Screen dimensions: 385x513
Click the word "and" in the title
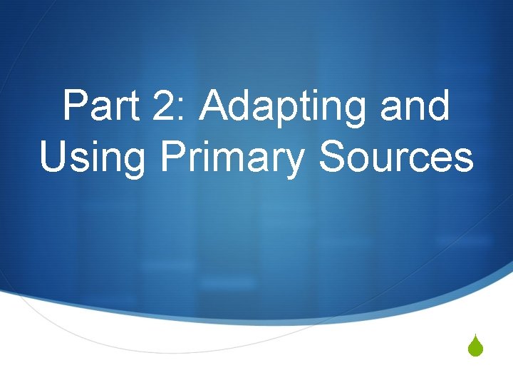click(x=418, y=107)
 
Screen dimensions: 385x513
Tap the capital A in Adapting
click(x=216, y=107)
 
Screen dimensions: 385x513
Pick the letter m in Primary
click(x=225, y=160)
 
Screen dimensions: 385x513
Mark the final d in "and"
click(x=439, y=107)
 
